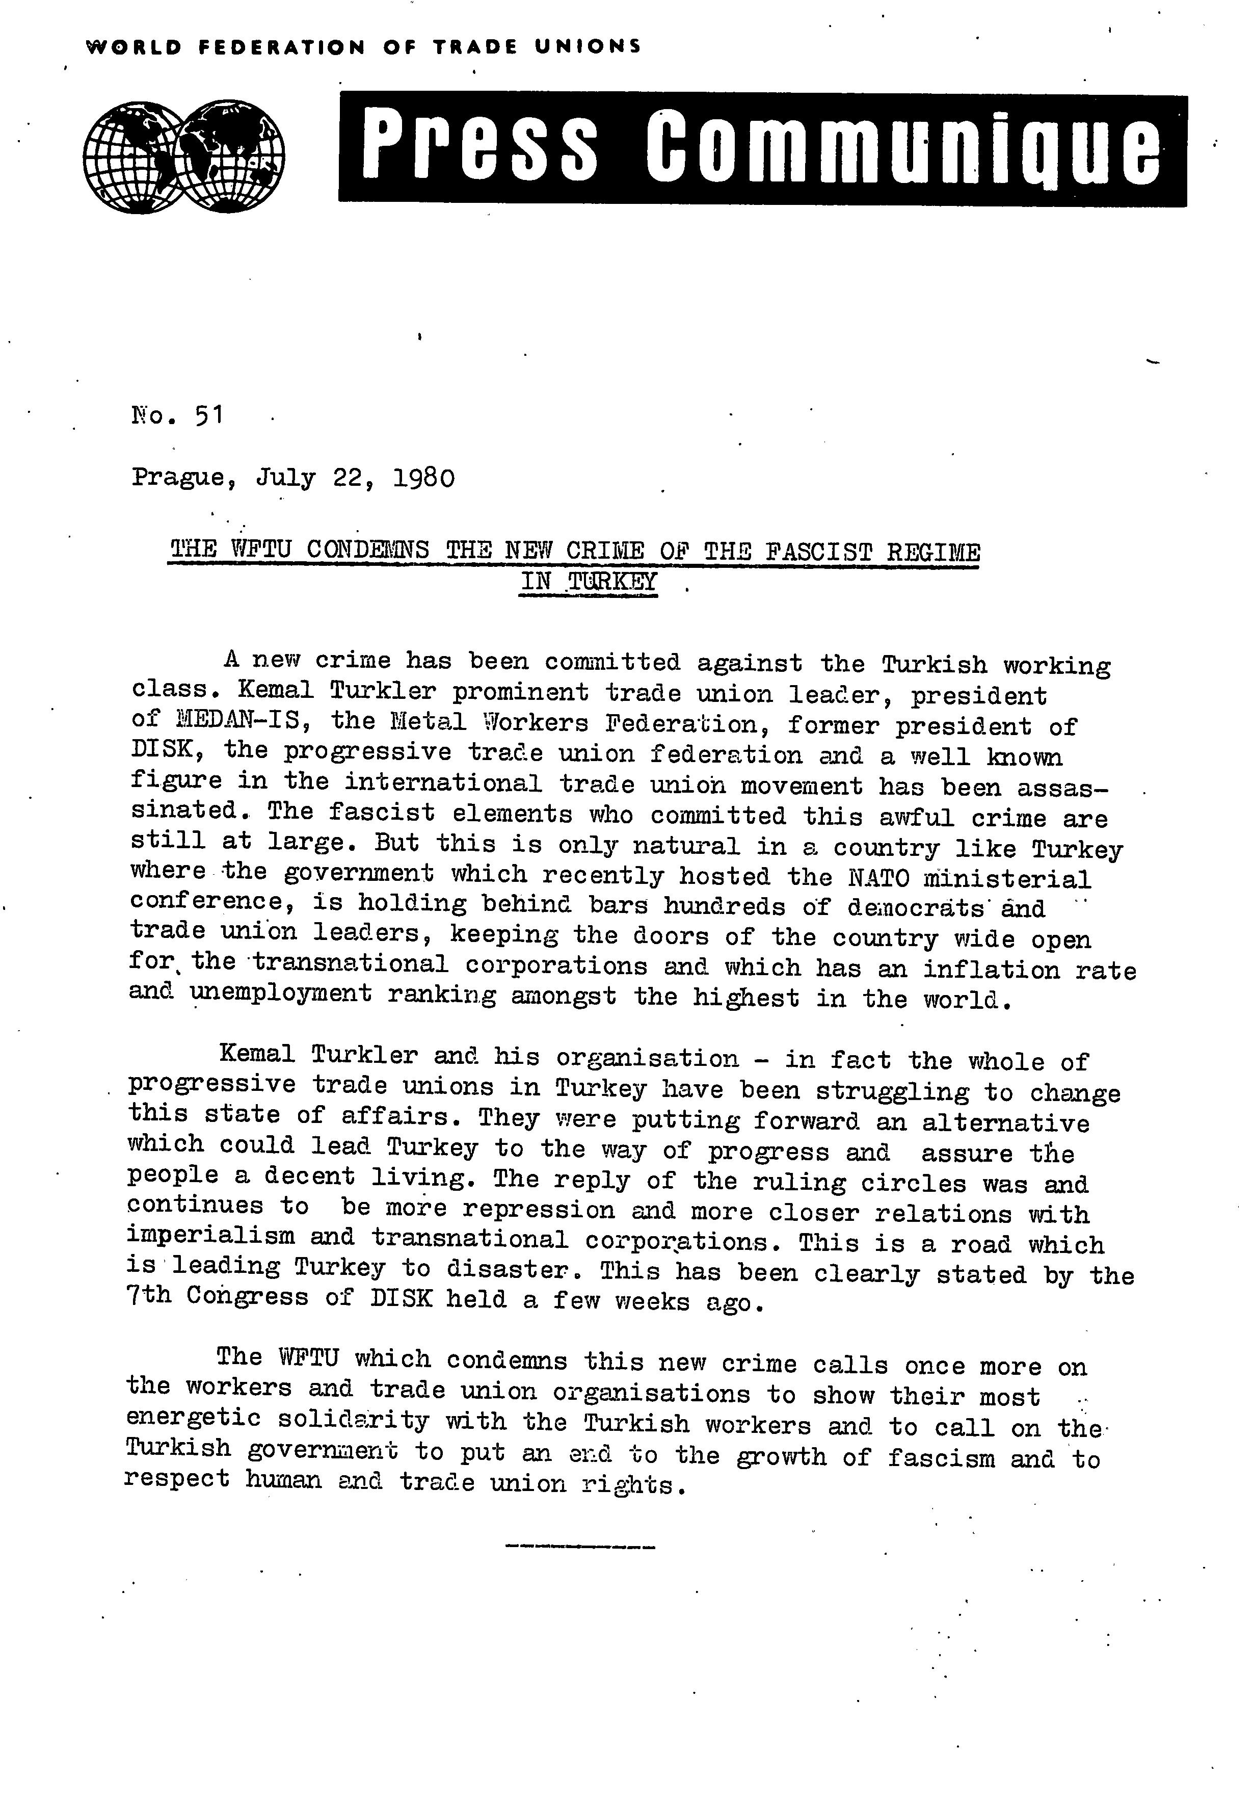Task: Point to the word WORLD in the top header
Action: click(x=134, y=46)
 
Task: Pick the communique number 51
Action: click(x=210, y=414)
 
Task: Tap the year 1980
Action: click(x=421, y=478)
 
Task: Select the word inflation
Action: click(x=990, y=969)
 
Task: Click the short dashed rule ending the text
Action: click(x=580, y=1547)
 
